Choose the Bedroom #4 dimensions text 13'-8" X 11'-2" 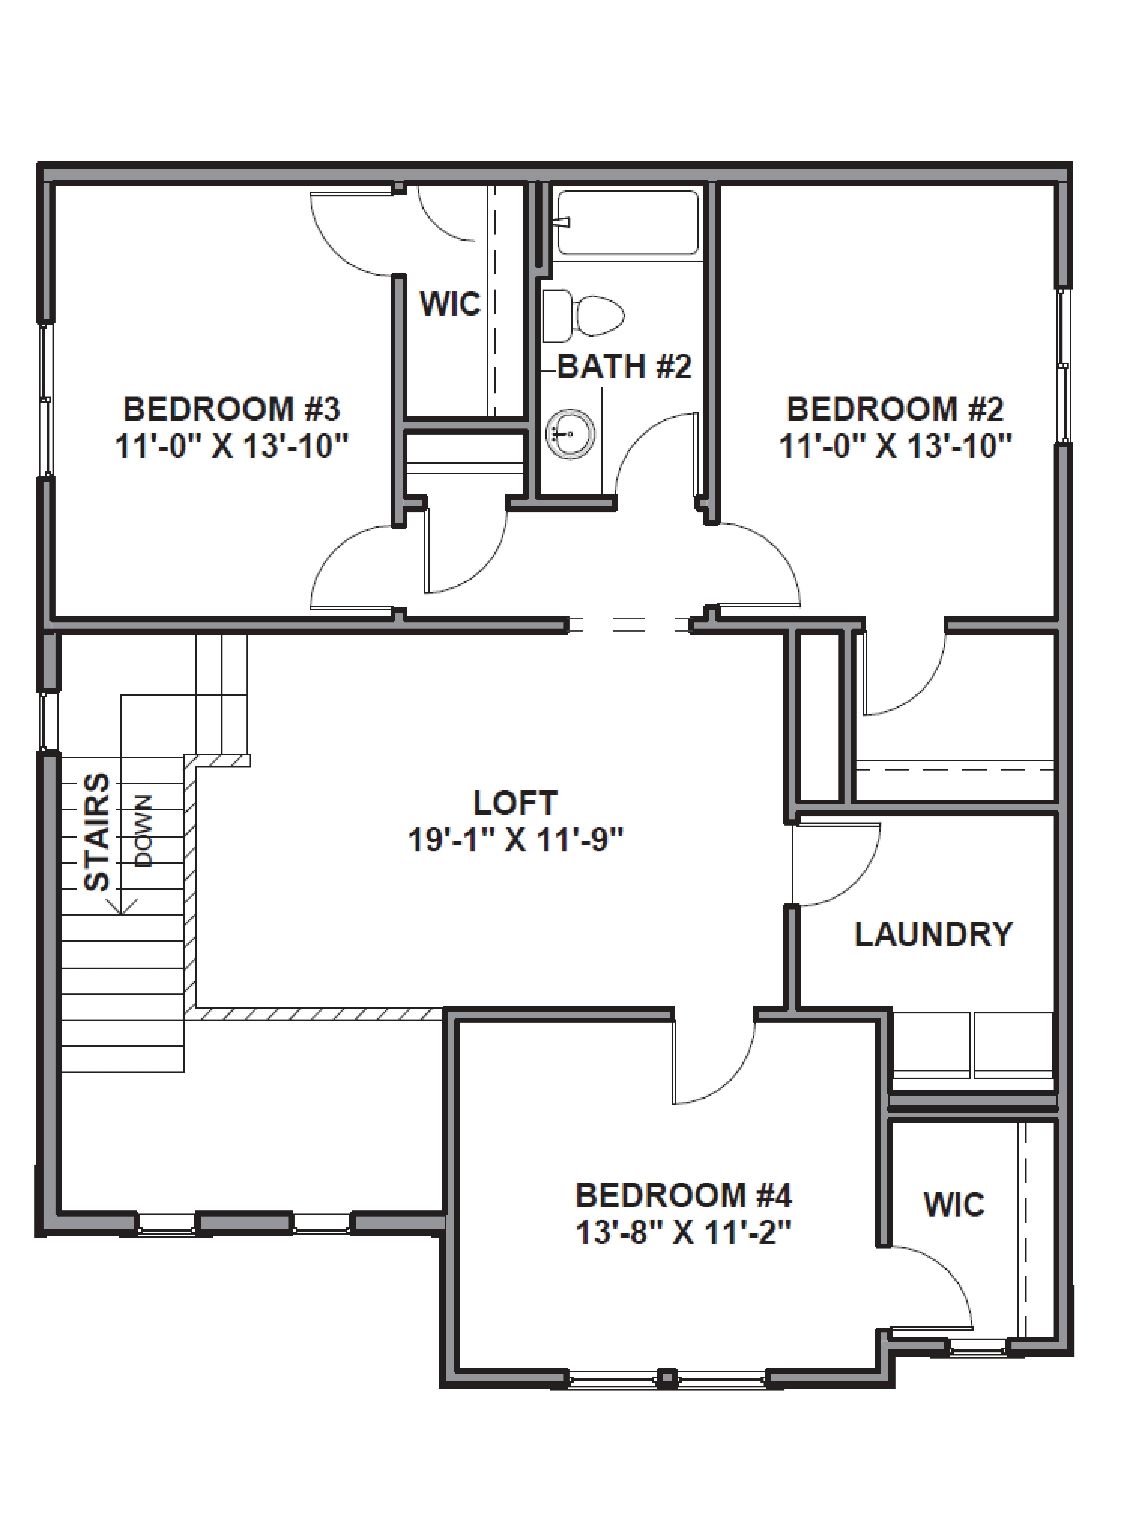pos(683,1233)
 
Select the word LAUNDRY pos(933,934)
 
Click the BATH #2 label pos(624,366)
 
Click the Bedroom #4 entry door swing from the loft pos(716,1064)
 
